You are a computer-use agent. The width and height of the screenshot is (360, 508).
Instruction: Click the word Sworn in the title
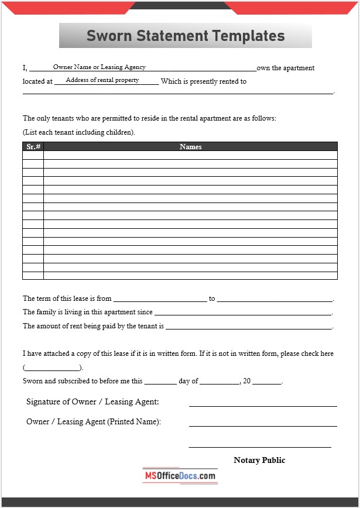(109, 36)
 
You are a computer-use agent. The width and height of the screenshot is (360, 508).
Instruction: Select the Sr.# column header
(33, 146)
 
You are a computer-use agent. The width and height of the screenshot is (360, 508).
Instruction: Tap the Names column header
(190, 146)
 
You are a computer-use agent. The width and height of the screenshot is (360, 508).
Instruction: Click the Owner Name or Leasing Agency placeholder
(99, 67)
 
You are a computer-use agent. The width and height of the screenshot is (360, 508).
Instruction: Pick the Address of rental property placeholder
(102, 80)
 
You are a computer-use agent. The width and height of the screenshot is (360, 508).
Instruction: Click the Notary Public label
(259, 460)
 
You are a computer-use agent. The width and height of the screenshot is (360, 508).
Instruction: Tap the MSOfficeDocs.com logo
(180, 476)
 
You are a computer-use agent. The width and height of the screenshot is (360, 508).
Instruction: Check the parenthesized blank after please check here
(53, 368)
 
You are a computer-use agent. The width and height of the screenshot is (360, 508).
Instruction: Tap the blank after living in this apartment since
(243, 314)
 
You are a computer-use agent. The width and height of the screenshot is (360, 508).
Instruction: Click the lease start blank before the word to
(160, 300)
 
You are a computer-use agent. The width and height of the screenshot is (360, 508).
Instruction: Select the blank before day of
(160, 382)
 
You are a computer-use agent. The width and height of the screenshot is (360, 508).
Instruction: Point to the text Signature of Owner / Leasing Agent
(92, 401)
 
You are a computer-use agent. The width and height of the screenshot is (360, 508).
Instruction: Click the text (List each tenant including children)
(79, 132)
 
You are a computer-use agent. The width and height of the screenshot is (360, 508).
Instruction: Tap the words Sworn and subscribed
(56, 381)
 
